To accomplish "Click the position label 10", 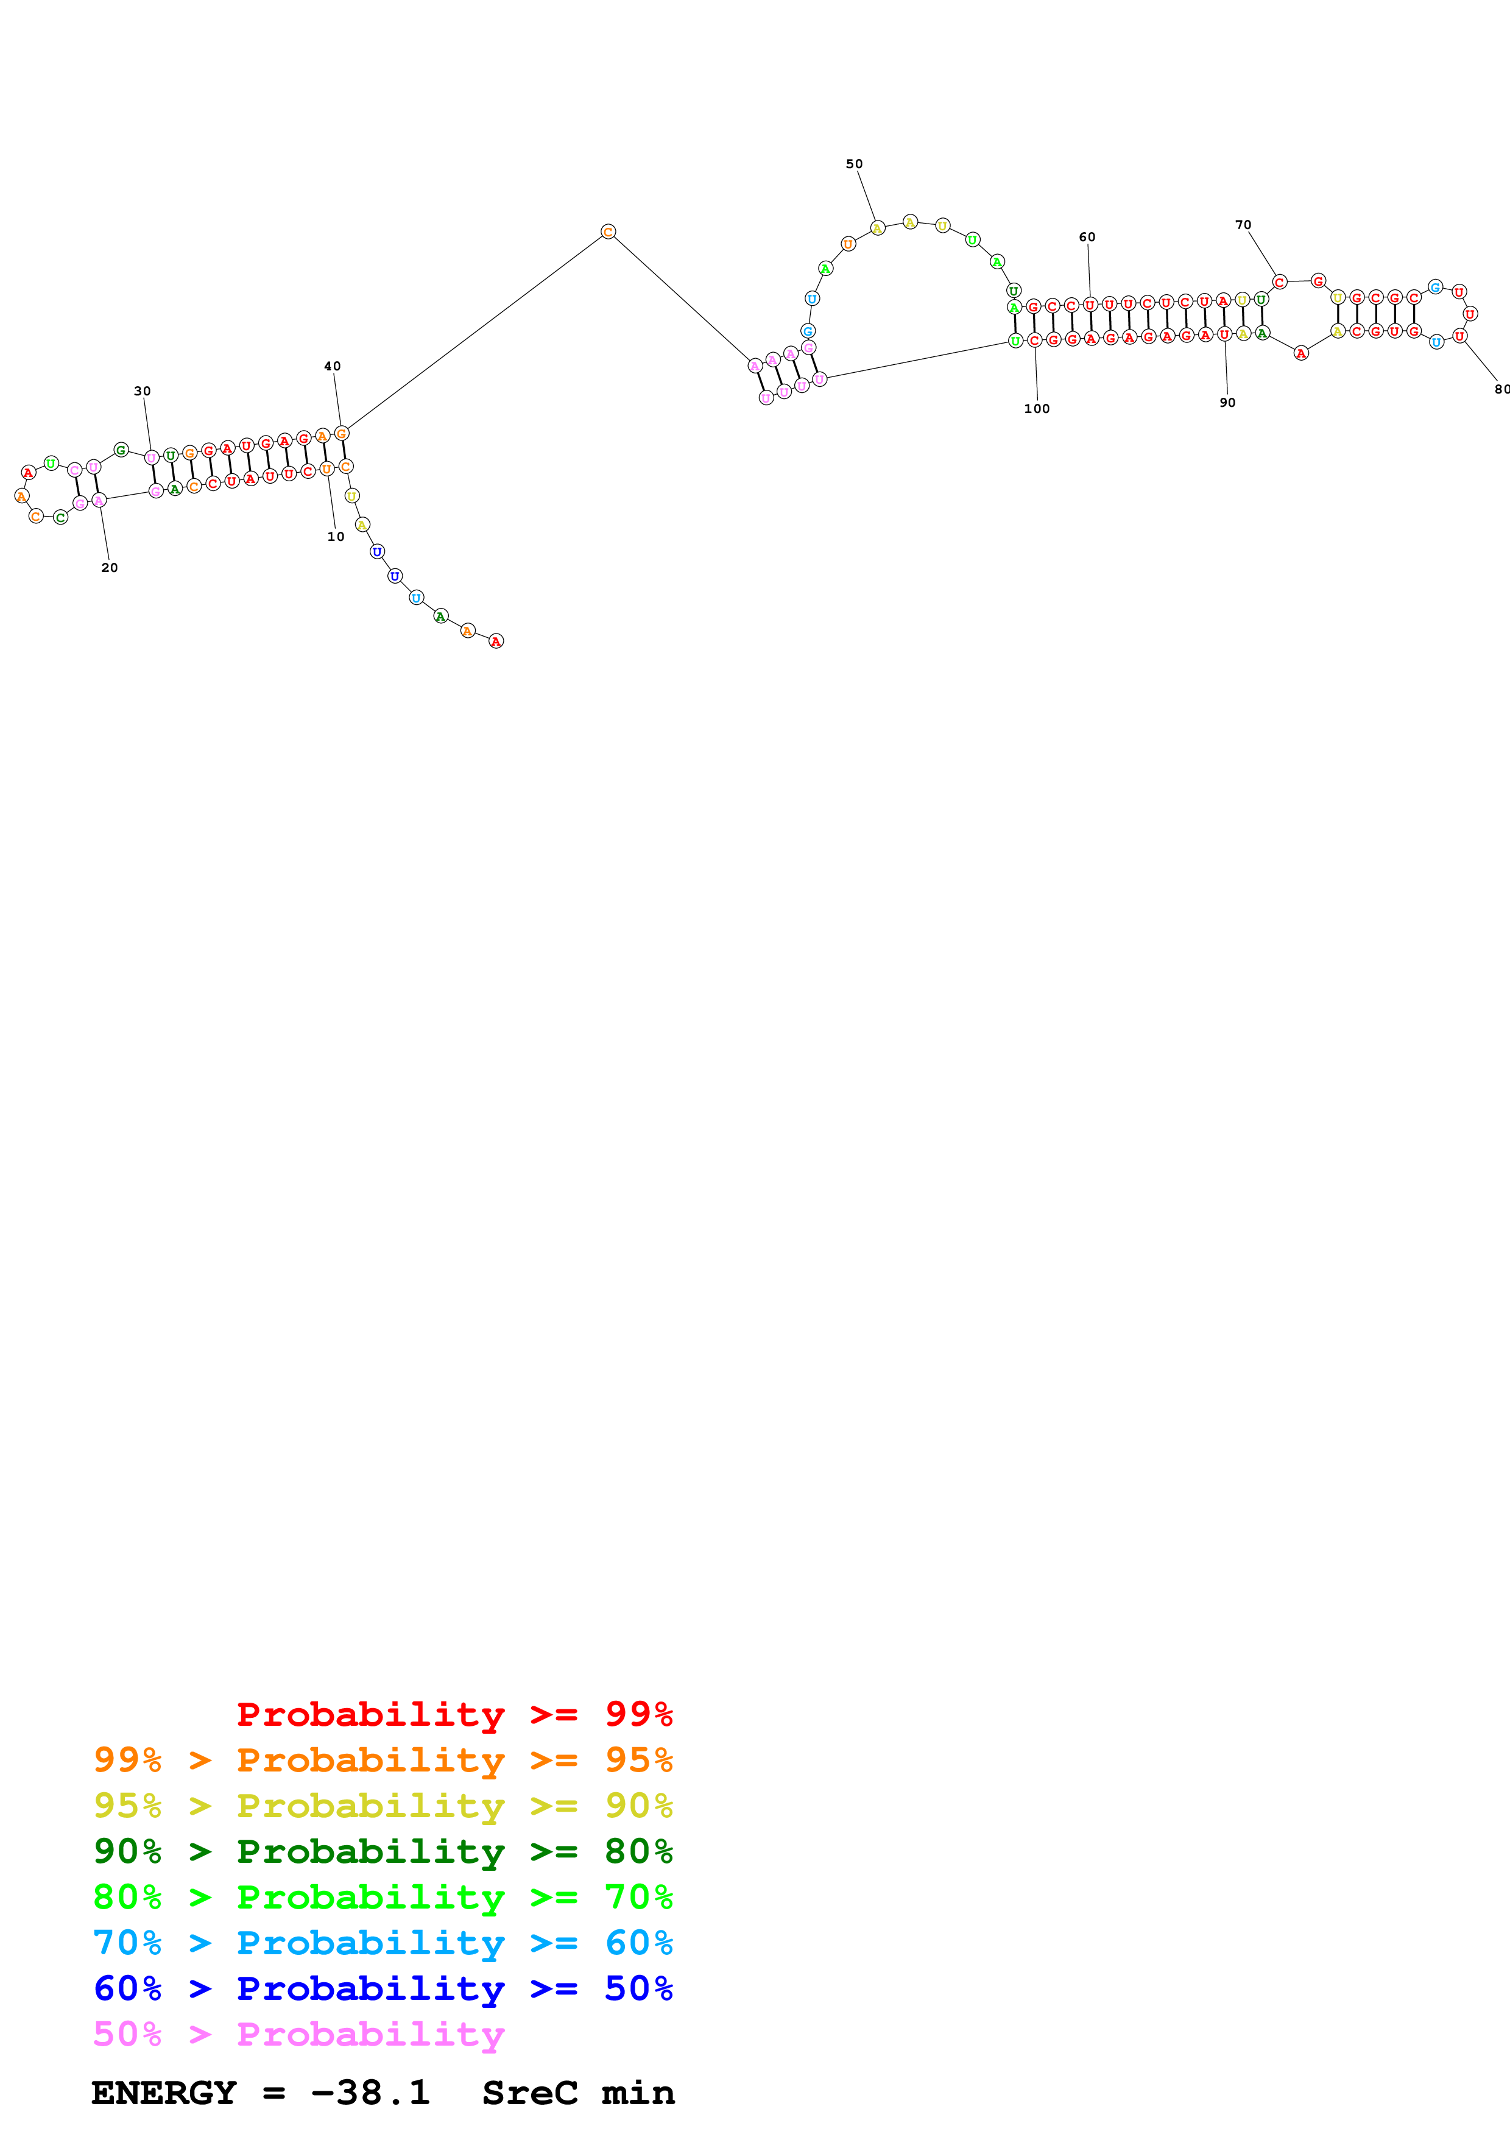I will (x=336, y=537).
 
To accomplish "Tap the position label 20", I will (x=110, y=568).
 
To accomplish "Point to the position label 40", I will (x=332, y=367).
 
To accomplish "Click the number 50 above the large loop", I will (x=854, y=164).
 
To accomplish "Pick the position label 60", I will (x=1087, y=238).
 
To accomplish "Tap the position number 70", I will (x=1243, y=225).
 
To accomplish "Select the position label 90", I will (x=1227, y=403).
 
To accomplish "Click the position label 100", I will (x=1037, y=409).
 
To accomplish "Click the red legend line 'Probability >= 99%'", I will (x=454, y=1714).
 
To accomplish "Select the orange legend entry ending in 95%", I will (x=383, y=1759).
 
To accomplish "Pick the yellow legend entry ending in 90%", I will (x=383, y=1805).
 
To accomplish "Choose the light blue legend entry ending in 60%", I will (x=383, y=1943).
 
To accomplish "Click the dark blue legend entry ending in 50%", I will (x=383, y=1988).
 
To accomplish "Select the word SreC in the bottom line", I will (x=529, y=2093).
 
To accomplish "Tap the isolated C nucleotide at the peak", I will (x=607, y=231).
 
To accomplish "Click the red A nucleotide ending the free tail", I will (x=496, y=641).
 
